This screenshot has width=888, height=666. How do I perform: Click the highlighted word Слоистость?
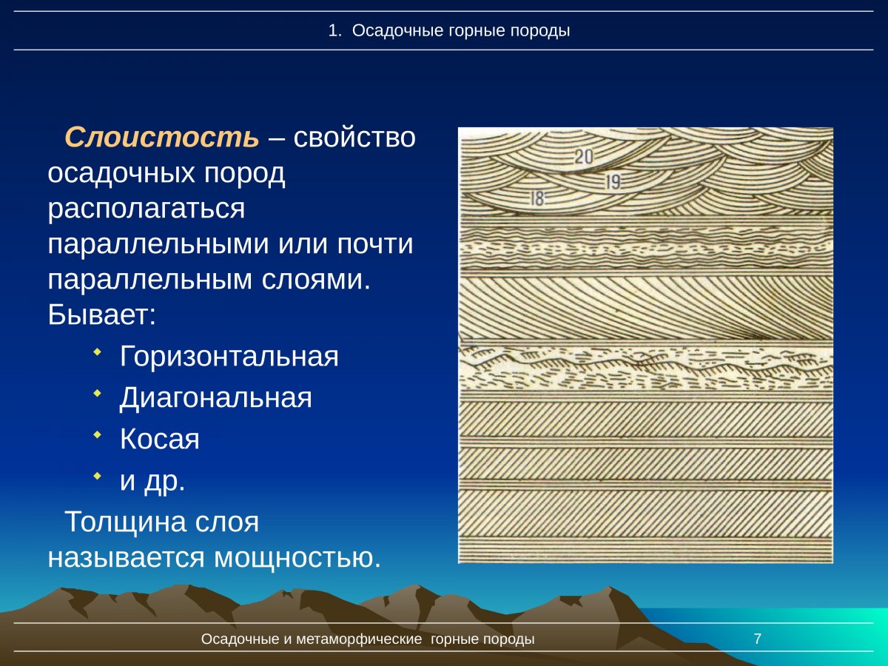(x=162, y=137)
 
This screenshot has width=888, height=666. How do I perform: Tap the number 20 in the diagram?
(x=584, y=156)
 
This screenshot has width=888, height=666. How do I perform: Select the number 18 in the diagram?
(x=538, y=198)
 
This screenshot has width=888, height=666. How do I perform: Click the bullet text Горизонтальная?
(x=229, y=357)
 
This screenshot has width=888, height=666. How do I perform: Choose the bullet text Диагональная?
(x=215, y=398)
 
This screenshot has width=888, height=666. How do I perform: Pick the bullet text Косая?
(x=160, y=440)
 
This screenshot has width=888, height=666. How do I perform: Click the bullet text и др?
(x=152, y=481)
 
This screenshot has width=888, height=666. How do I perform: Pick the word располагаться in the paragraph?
(x=146, y=209)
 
